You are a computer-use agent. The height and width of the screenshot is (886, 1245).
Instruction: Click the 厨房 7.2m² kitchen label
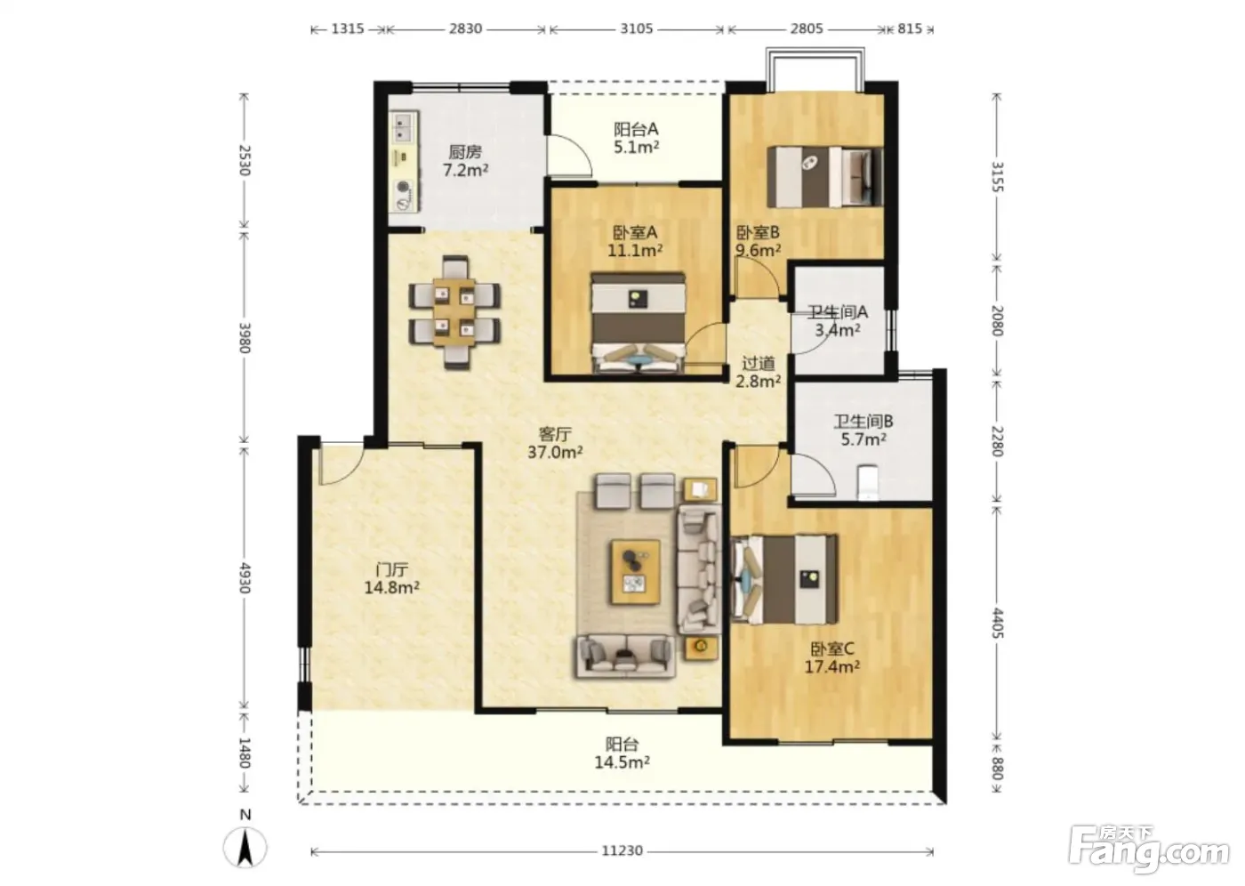tap(465, 161)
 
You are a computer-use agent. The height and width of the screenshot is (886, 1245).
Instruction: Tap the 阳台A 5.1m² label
tap(636, 138)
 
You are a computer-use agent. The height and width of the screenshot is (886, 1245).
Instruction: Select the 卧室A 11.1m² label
tap(635, 241)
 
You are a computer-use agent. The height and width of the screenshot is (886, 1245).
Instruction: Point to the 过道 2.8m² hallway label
tap(758, 372)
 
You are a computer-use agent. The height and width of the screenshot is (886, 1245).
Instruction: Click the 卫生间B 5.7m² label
tap(863, 431)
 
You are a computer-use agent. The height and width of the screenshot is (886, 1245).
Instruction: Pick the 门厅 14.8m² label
tap(392, 578)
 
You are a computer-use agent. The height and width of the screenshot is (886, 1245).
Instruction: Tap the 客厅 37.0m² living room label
tap(555, 443)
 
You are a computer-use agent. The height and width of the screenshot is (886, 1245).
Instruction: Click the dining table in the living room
tap(454, 312)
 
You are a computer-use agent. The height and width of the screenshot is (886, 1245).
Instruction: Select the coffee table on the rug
tap(635, 572)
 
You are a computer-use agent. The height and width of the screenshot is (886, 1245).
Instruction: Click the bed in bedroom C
tap(784, 579)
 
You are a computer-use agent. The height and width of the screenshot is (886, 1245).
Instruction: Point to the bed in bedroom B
tap(825, 177)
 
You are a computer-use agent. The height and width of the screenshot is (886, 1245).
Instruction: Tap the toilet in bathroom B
tap(868, 482)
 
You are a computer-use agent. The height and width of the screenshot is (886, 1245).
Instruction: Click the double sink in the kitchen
tap(404, 128)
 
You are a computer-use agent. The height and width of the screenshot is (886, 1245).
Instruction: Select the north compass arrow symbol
tap(245, 848)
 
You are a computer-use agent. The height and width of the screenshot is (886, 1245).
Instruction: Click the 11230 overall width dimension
tap(622, 850)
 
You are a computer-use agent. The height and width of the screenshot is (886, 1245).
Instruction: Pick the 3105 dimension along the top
tap(637, 28)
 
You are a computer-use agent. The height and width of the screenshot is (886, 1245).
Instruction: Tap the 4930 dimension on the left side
tap(245, 577)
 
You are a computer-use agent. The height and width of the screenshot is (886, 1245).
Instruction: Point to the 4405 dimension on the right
tap(997, 623)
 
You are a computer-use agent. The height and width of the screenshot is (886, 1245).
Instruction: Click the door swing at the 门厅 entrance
tap(340, 464)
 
